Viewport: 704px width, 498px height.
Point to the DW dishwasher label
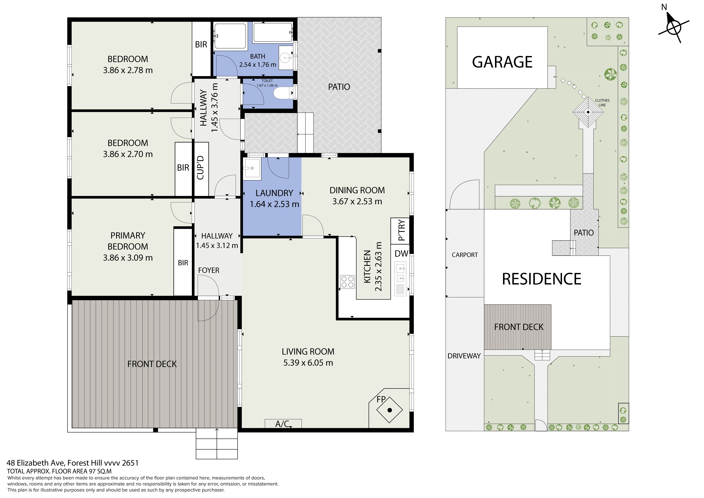pyautogui.click(x=401, y=253)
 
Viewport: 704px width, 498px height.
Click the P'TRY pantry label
pyautogui.click(x=401, y=230)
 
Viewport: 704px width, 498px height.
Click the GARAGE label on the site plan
pyautogui.click(x=502, y=62)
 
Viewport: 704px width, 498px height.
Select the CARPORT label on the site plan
pyautogui.click(x=464, y=255)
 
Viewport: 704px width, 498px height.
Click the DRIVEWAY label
pyautogui.click(x=464, y=356)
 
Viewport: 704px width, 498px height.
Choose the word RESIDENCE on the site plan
pyautogui.click(x=541, y=279)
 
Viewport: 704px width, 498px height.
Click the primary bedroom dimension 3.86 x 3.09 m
pyautogui.click(x=128, y=258)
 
